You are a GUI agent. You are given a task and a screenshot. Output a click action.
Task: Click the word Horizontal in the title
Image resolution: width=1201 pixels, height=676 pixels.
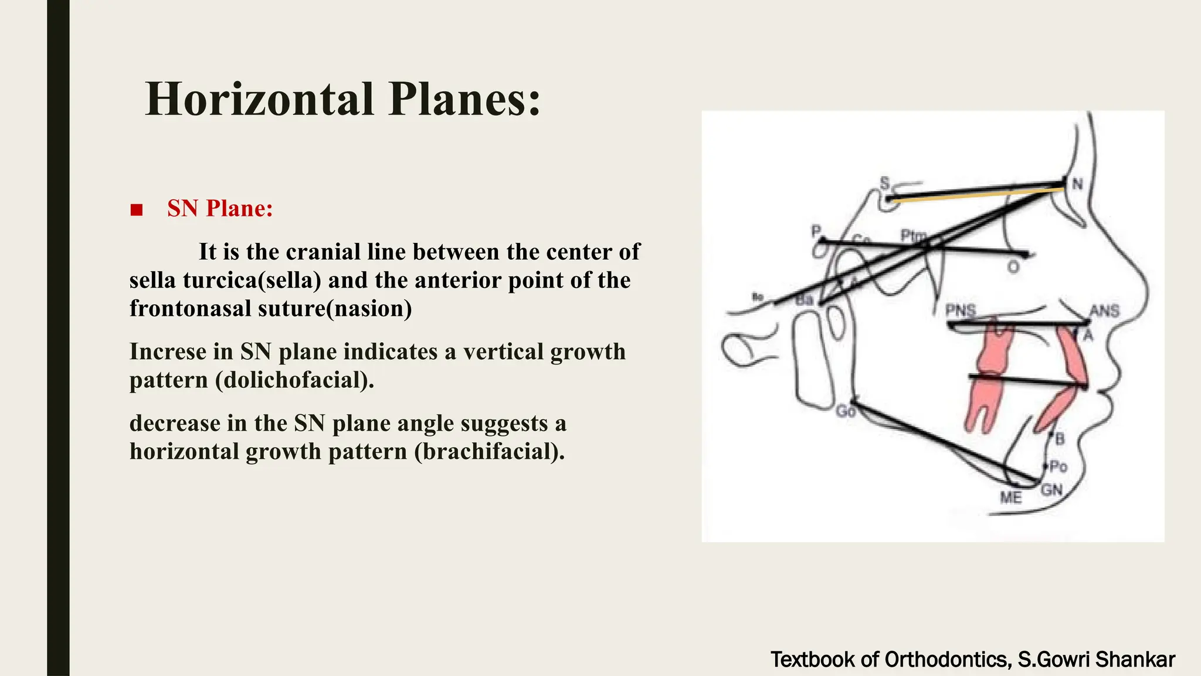point(259,99)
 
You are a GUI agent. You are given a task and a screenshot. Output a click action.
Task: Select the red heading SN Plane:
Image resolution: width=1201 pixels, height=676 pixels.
point(220,208)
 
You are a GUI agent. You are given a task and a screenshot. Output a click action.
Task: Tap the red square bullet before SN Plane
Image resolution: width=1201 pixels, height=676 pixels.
point(137,209)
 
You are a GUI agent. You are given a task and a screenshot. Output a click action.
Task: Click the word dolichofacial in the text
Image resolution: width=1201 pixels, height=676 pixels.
point(294,380)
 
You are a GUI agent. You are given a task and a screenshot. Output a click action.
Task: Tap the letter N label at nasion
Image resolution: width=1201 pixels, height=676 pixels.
point(1077,184)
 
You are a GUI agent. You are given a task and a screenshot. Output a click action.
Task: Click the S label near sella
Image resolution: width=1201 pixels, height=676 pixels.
point(884,183)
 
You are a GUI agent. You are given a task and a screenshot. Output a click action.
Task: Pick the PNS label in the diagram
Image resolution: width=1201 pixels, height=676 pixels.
point(960,310)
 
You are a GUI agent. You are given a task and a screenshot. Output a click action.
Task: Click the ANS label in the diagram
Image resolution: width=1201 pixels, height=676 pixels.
point(1104,310)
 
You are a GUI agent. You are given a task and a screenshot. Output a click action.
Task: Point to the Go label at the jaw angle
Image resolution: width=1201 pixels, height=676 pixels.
point(845,412)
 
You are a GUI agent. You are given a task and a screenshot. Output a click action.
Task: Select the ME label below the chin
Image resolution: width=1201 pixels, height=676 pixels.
point(1010,498)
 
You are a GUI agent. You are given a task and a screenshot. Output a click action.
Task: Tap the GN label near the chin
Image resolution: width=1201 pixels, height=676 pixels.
point(1051,489)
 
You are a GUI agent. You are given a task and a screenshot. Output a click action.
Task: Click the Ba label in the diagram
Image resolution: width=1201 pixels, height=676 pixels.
point(805,300)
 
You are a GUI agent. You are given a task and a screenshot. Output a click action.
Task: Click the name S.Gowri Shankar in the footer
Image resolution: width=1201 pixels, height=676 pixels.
point(1096,660)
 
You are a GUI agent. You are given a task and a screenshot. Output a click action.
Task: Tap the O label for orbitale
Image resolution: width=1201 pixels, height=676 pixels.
point(1013,268)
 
